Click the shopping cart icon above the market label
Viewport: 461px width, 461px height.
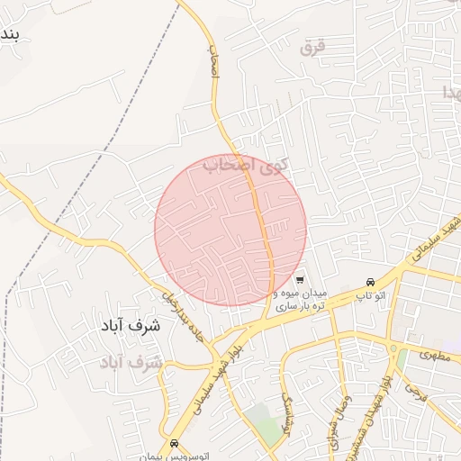click(300, 279)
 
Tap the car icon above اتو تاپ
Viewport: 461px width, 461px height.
click(372, 281)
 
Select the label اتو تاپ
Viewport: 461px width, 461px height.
click(369, 295)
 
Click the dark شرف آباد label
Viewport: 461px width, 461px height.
click(131, 325)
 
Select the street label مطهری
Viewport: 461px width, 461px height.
click(433, 355)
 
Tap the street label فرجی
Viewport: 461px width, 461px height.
click(414, 391)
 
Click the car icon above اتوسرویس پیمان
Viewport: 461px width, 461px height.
click(174, 443)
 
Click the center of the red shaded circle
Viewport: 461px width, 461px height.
click(230, 230)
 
